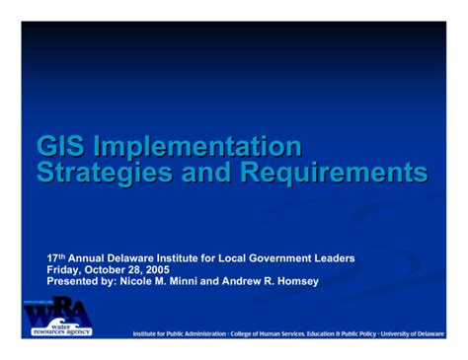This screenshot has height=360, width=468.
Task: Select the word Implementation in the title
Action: [x=196, y=147]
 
